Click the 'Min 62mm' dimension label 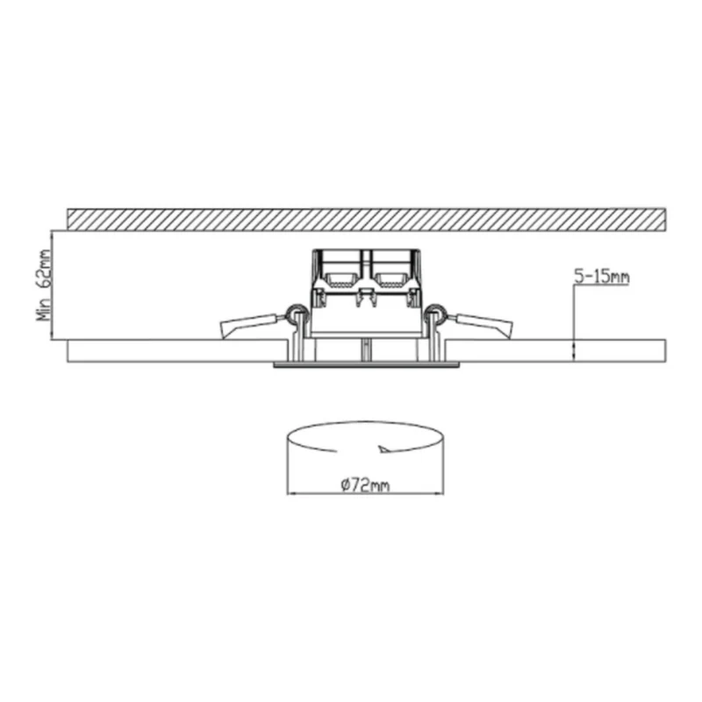point(45,285)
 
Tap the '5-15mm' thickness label point(602,277)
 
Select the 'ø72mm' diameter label point(365,485)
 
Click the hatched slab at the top point(366,219)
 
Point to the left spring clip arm point(252,324)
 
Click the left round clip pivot point(295,312)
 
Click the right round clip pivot point(435,312)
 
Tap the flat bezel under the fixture point(366,365)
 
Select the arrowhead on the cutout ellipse point(384,449)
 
